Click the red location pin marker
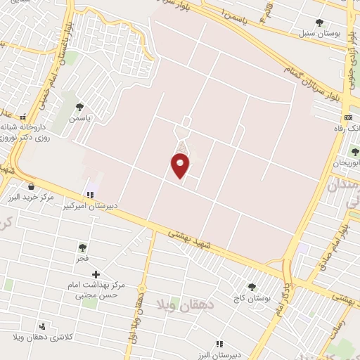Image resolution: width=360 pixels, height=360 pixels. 180,166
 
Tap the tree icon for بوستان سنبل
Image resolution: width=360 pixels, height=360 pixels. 320,23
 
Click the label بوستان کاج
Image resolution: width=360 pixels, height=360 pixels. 253,299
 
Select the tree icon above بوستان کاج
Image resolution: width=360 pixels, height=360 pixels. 252,286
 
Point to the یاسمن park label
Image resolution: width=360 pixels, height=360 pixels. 79,120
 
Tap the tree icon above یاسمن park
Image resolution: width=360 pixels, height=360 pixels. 79,108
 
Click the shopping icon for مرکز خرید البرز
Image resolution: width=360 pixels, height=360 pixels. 32,186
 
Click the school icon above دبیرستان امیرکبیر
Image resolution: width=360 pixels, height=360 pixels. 89,195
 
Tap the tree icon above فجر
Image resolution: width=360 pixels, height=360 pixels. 83,247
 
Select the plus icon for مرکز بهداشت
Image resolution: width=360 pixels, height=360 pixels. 96,274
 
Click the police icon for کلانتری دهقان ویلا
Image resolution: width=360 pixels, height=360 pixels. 43,326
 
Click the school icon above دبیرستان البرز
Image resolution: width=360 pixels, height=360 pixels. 219,344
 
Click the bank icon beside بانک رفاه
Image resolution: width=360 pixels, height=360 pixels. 347,117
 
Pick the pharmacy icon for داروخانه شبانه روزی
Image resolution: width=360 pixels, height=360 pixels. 22,117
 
